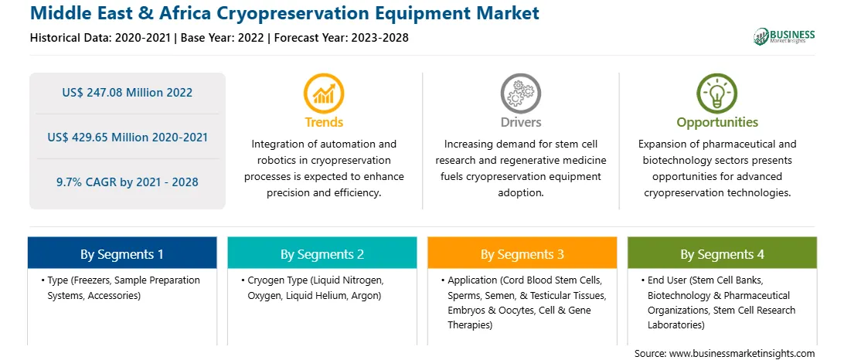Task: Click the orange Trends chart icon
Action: click(x=324, y=93)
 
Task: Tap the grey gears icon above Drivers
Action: click(x=520, y=93)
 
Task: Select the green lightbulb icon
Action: click(x=717, y=93)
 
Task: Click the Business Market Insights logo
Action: click(x=784, y=36)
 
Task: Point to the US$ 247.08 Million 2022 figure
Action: click(x=127, y=93)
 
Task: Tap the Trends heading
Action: click(x=324, y=122)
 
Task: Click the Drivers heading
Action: click(x=520, y=122)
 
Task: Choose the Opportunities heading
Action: click(x=717, y=123)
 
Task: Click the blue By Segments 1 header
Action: click(x=122, y=253)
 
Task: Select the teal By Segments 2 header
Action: click(x=322, y=253)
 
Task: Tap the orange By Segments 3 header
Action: click(x=522, y=253)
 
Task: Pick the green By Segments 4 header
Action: click(x=722, y=253)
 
